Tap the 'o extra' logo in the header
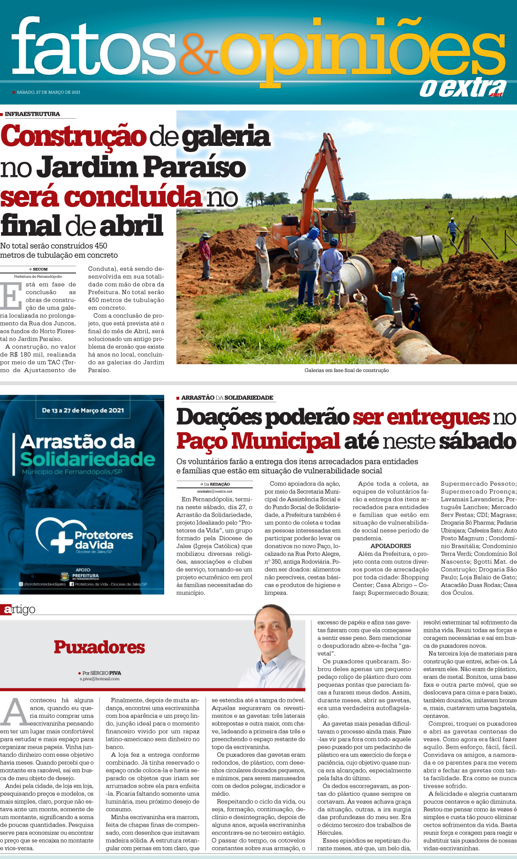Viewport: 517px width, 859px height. pos(462,88)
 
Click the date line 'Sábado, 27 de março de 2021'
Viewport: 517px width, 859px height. pos(48,92)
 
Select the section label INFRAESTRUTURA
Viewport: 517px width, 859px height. pos(32,114)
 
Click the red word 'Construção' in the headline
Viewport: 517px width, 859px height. pos(74,137)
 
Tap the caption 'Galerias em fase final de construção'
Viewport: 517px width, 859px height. pos(346,370)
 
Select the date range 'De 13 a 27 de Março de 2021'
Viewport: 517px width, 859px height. pos(83,410)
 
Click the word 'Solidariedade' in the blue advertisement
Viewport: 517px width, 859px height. pos(88,459)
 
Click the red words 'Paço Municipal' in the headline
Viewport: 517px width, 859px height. pos(258,441)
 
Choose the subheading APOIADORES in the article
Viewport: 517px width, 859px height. pos(390,546)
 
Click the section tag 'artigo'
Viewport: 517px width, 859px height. pos(19,609)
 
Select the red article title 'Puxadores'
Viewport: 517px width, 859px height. pos(99,647)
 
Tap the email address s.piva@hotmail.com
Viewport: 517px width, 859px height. pos(99,679)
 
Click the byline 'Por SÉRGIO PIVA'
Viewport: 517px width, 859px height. pos(101,673)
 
